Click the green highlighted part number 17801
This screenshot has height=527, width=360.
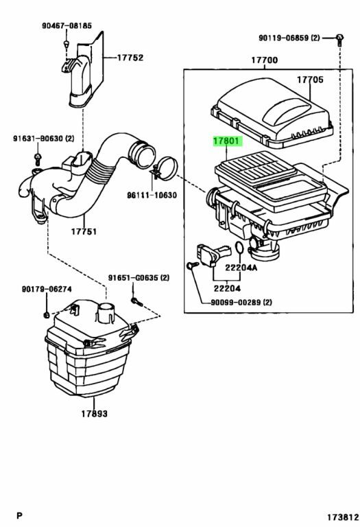coord(228,141)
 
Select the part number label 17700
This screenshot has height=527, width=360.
coord(265,60)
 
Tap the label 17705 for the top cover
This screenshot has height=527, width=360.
coord(310,80)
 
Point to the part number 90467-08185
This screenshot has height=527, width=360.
coord(67,25)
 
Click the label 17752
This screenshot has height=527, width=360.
coord(130,58)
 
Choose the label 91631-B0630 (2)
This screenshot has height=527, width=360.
coord(44,139)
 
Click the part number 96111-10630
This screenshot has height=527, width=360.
coord(152,195)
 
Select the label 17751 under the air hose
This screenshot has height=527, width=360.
coord(84,231)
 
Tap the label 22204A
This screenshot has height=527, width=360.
coord(241,268)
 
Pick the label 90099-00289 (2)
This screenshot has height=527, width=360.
coord(241,303)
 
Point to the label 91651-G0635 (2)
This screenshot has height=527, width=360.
coord(139,278)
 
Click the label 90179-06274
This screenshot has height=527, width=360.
coord(47,289)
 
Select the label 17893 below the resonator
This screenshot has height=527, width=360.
coord(95,413)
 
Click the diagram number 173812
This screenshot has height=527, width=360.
coord(343,516)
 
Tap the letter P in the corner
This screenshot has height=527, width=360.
coord(19,515)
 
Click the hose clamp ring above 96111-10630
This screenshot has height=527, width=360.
coord(165,169)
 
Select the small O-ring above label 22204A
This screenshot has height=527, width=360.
coord(239,248)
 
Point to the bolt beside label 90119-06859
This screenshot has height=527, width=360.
coord(340,39)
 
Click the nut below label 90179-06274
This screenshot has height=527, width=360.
coord(47,315)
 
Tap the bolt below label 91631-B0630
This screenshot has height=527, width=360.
coord(38,159)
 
